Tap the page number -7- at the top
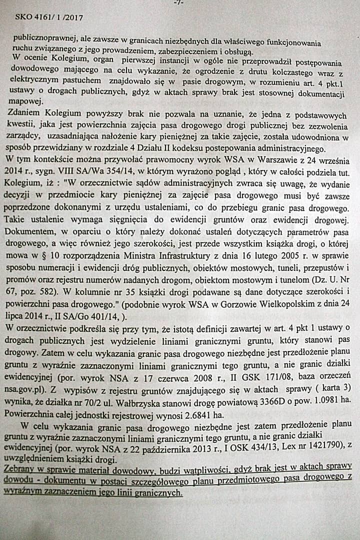[178, 2]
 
